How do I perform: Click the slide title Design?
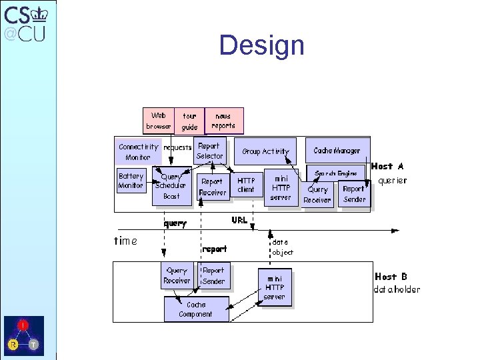[x=261, y=45]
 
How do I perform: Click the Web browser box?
[x=158, y=121]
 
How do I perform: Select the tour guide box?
[x=189, y=121]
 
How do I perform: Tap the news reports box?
[x=223, y=121]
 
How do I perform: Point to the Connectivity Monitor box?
[x=138, y=152]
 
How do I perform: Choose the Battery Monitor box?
[x=131, y=181]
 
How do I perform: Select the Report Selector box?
[x=209, y=151]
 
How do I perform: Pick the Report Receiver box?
[x=213, y=187]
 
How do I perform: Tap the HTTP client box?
[x=246, y=185]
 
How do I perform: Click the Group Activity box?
[x=265, y=151]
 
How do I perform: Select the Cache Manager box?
[x=337, y=151]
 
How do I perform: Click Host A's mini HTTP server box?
[x=281, y=188]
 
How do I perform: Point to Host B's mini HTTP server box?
[x=274, y=287]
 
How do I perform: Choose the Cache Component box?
[x=195, y=309]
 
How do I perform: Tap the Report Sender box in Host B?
[x=213, y=276]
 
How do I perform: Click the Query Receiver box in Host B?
[x=177, y=276]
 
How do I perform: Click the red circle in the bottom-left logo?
[x=23, y=325]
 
